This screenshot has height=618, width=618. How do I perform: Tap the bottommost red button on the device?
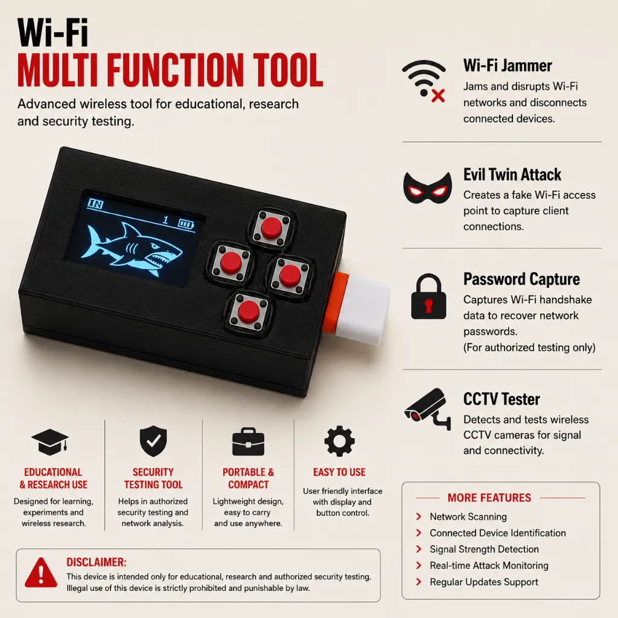249,311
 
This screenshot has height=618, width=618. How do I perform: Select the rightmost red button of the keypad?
290,275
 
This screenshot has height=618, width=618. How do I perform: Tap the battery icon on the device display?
186,225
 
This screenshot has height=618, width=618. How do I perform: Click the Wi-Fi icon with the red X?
424,81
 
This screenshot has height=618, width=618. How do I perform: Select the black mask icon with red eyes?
428,188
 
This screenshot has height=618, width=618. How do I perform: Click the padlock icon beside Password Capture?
428,296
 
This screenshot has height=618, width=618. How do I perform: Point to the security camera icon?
428,409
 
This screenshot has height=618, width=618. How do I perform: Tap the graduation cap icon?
50,442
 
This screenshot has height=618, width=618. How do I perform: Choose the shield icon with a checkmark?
153,441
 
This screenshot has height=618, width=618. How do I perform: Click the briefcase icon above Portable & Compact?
248,441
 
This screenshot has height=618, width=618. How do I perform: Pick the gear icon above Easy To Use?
339,441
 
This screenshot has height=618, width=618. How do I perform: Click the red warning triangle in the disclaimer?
41,572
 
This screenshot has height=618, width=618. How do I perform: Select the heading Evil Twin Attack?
512,174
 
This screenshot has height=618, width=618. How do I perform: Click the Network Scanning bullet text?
468,517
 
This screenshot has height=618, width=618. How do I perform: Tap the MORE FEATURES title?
489,498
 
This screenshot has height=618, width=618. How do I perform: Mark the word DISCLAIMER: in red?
96,562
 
